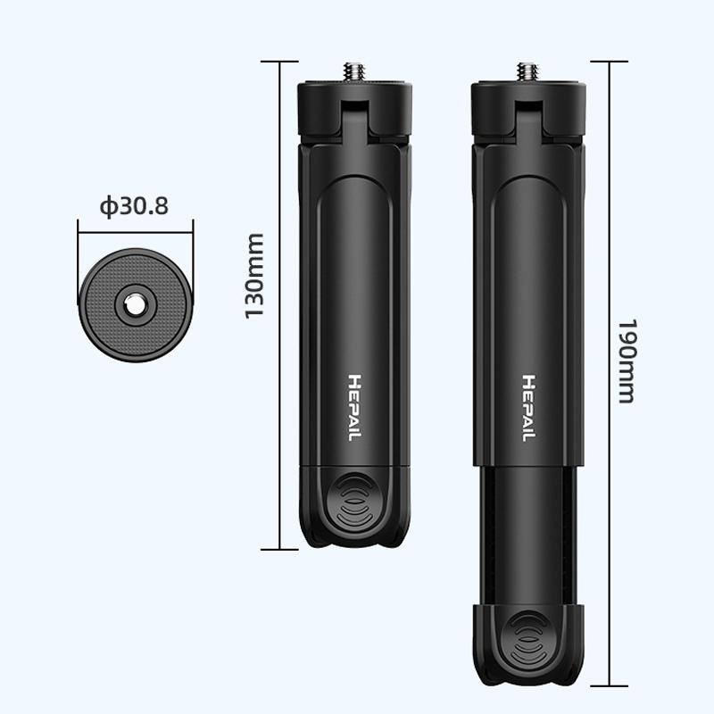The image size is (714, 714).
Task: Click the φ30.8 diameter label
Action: pyautogui.click(x=134, y=206)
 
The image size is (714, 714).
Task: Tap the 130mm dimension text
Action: pyautogui.click(x=254, y=276)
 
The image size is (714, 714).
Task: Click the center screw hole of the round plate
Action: pyautogui.click(x=135, y=305)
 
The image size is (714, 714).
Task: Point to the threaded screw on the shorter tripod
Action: pyautogui.click(x=354, y=71)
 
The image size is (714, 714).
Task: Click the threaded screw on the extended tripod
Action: pyautogui.click(x=527, y=71)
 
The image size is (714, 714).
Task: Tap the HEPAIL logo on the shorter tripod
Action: pyautogui.click(x=355, y=408)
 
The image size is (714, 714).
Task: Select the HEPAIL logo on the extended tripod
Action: pyautogui.click(x=528, y=408)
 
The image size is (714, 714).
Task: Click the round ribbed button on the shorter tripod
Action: pyautogui.click(x=355, y=501)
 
